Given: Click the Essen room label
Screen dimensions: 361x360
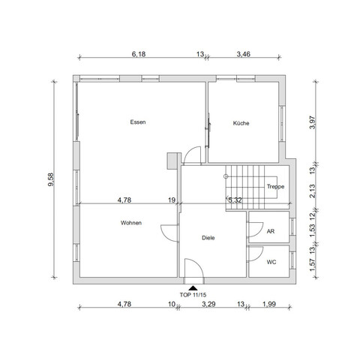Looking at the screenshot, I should click(137, 122).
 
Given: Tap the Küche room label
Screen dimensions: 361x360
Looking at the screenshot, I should click(241, 123).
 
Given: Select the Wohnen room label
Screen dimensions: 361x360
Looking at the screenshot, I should click(131, 223).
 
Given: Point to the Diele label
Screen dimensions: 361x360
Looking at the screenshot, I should click(208, 237).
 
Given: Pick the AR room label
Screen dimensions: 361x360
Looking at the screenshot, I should click(271, 232).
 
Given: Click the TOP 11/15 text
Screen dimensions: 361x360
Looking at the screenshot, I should click(194, 294).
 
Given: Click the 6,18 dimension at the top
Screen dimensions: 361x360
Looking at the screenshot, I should click(139, 54).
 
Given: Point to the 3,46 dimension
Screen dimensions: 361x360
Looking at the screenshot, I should click(244, 54).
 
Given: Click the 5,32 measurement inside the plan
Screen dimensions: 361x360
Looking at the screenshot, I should click(235, 200).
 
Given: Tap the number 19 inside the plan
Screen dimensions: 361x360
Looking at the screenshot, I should click(172, 200).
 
